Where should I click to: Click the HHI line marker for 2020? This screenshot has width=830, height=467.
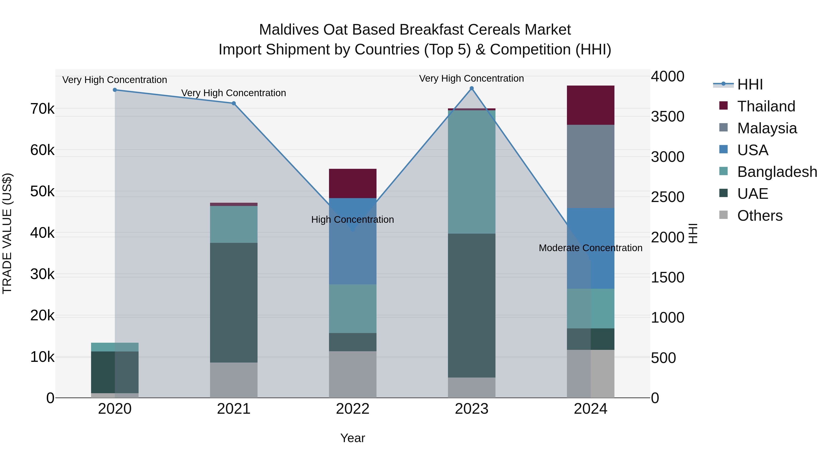coord(115,90)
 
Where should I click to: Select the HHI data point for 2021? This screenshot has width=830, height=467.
coord(234,104)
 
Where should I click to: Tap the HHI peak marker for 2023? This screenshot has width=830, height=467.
coord(471,88)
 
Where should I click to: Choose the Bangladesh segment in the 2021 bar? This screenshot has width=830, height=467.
coord(234,224)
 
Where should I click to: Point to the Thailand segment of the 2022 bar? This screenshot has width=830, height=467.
coord(353,183)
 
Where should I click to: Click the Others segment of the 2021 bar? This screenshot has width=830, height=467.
coord(234,380)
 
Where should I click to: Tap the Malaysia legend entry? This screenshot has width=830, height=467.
coord(767,128)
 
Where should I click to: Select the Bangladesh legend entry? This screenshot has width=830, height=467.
coord(777,172)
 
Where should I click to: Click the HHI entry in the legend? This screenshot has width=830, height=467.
coord(750,84)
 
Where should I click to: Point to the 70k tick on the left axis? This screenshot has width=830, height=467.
coord(42,109)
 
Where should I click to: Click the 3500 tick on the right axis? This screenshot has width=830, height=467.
coord(667,117)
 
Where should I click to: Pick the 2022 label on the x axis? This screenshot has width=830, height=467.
coord(353,409)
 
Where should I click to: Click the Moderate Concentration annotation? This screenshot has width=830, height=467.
coord(590,248)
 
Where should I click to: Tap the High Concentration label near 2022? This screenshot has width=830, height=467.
coord(353,220)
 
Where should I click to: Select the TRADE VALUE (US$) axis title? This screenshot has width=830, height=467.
coord(7,233)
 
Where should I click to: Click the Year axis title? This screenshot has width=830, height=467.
coord(353,438)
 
